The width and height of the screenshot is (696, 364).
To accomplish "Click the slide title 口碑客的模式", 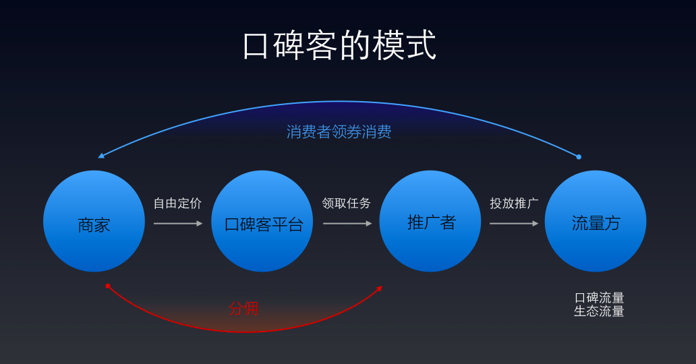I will point(339,46).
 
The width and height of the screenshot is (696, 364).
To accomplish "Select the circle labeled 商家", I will point(94,221).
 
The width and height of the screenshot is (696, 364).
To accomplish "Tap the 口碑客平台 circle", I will point(262,221).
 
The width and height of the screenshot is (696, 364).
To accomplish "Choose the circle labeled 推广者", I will point(430,221).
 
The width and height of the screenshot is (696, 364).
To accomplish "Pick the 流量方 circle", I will point(596,221).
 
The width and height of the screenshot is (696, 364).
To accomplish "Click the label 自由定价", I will point(177,203).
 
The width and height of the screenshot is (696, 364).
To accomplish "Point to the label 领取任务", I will point(346,203).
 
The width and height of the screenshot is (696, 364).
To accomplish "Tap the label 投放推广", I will point(514,203).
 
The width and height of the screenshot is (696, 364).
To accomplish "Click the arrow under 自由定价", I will point(177,223).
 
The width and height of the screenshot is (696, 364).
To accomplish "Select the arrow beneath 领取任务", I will point(347,223).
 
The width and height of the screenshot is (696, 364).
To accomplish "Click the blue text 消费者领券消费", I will point(339,131).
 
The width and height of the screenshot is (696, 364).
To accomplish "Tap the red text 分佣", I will point(243,309).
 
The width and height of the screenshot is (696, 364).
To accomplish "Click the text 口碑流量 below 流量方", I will point(599,298).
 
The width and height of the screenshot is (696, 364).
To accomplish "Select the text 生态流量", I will point(599,311).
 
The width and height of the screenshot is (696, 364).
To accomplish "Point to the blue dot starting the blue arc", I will point(579,157).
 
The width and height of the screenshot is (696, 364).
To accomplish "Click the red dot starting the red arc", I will point(108,286).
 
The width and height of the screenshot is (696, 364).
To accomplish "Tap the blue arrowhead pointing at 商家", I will point(101,156).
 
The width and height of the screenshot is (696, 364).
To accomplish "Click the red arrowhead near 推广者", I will point(379,289).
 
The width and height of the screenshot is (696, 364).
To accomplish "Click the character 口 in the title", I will point(256,46).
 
